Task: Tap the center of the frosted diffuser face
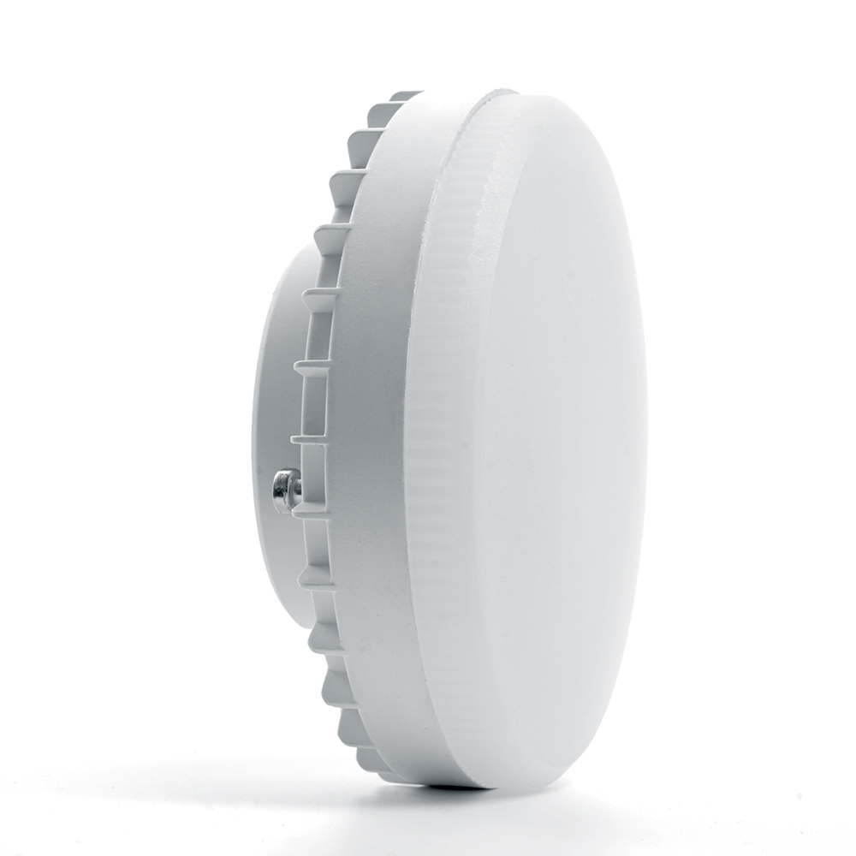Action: pyautogui.click(x=548, y=437)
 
